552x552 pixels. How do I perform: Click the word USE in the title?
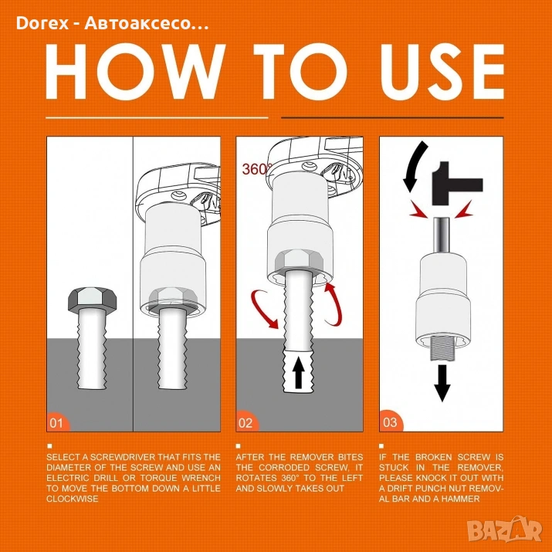coord(442,72)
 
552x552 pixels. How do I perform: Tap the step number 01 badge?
coord(57,422)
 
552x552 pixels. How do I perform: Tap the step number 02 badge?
coord(246,422)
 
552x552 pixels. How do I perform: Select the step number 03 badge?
coord(391,422)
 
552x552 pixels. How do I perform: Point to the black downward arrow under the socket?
coord(442,383)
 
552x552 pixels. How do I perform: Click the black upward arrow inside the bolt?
coord(299,372)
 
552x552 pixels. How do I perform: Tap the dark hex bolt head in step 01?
coord(92,300)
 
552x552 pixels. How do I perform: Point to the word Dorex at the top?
coord(42,24)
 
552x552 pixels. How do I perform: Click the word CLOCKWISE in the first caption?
coord(72,499)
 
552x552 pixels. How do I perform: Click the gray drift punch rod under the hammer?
coord(442,235)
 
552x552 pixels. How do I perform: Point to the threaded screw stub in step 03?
coord(442,348)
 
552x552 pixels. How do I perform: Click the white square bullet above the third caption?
coord(381,446)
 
